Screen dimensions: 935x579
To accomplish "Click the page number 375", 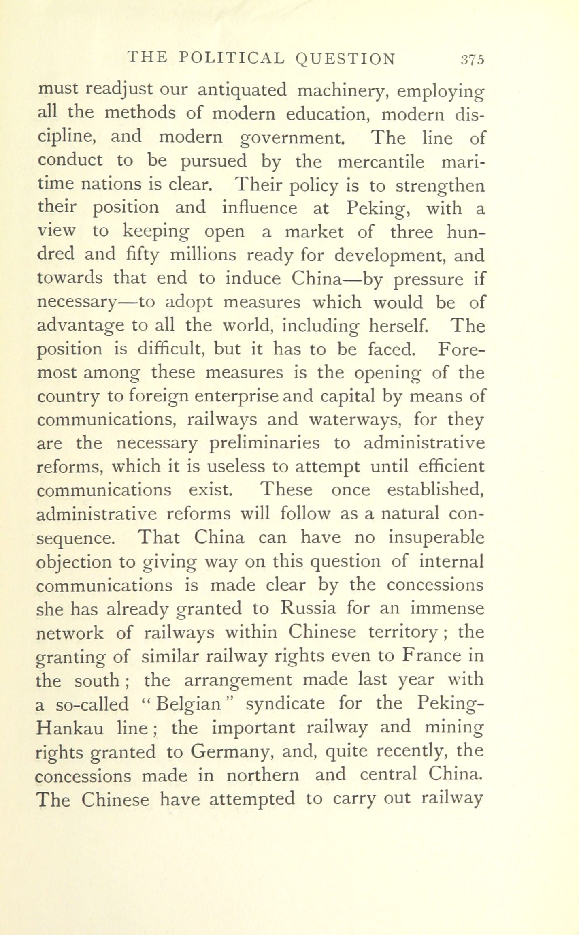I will pyautogui.click(x=472, y=60).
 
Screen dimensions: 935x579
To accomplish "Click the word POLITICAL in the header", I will pyautogui.click(x=232, y=58).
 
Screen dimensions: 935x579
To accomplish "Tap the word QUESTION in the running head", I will pyautogui.click(x=345, y=59).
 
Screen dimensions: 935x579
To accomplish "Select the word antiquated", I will pyautogui.click(x=242, y=90).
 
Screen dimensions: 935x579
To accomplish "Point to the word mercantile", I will pyautogui.click(x=381, y=162).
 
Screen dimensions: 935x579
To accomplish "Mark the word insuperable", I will pyautogui.click(x=436, y=538).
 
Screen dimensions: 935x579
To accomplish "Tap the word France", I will pyautogui.click(x=432, y=656).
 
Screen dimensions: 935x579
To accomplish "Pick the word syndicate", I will pyautogui.click(x=285, y=704).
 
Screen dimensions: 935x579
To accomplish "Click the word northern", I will pyautogui.click(x=263, y=775).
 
